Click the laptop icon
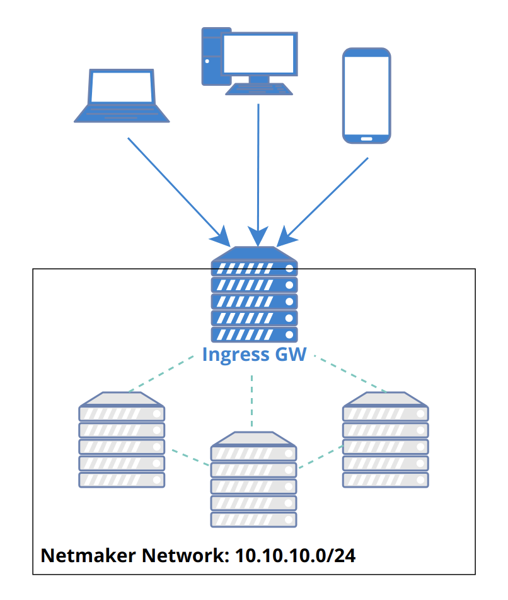click(x=122, y=96)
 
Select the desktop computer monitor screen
click(x=258, y=54)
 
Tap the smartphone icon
click(x=366, y=95)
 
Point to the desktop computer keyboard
click(x=259, y=89)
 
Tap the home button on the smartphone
click(x=366, y=138)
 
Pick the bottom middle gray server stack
click(x=253, y=479)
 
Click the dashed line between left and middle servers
click(x=187, y=457)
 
